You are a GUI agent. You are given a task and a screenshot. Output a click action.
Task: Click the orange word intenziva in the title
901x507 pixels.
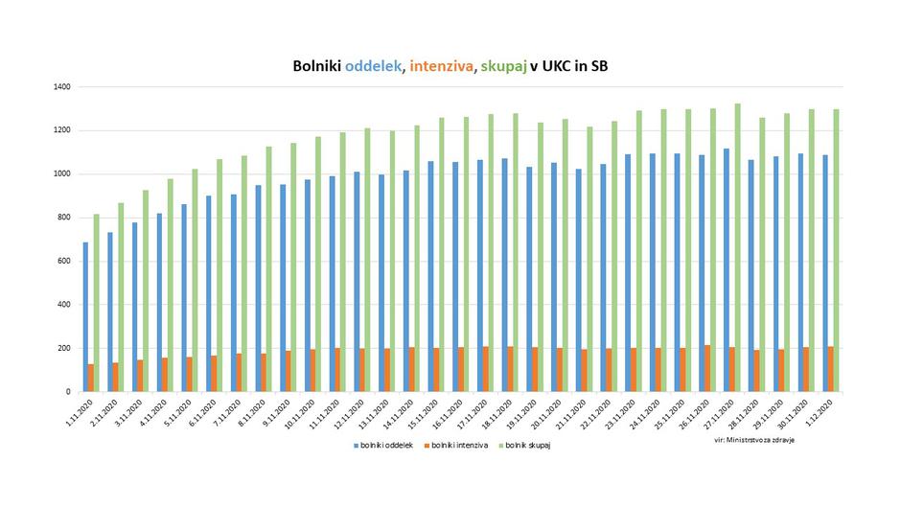tap(444, 66)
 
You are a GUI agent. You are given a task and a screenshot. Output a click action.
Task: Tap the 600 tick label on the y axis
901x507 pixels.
tap(63, 261)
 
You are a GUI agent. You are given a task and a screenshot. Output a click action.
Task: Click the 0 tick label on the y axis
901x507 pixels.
tap(68, 392)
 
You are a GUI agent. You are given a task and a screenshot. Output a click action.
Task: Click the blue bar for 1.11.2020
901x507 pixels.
tap(85, 317)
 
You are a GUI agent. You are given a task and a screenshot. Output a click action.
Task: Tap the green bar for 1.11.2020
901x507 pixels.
tap(97, 303)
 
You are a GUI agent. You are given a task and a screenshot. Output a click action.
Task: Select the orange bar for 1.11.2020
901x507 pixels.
tap(91, 378)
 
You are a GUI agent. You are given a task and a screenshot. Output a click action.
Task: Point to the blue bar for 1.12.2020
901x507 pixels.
tap(824, 273)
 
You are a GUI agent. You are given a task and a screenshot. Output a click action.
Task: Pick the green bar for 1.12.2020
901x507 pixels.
tap(836, 250)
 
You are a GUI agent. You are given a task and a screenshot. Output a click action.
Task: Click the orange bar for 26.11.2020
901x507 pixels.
tap(707, 368)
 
